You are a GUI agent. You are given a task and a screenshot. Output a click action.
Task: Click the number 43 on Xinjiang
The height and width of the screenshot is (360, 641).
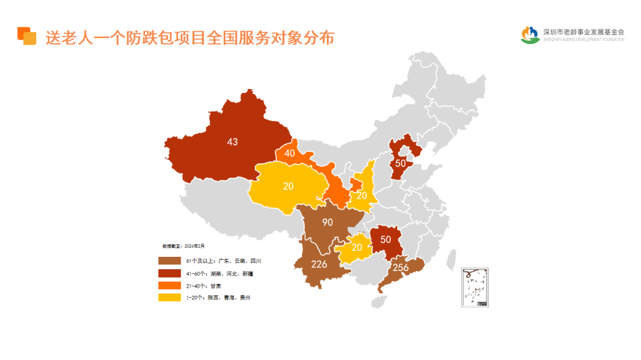point(232,142)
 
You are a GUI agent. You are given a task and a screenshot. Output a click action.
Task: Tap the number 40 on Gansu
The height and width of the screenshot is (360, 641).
point(290,153)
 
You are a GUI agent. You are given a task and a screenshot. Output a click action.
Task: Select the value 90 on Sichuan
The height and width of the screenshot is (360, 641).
point(327,222)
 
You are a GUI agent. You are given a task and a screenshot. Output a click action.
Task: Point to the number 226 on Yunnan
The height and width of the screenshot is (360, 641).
point(319,264)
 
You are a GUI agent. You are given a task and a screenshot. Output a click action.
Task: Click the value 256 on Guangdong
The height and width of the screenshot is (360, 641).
point(401,267)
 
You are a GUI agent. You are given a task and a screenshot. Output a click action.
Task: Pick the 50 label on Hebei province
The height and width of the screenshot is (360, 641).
point(401,163)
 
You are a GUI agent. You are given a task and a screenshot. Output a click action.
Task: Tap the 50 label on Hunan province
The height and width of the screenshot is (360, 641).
point(386,240)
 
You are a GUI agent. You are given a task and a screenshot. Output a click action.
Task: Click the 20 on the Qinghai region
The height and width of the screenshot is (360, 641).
point(288,186)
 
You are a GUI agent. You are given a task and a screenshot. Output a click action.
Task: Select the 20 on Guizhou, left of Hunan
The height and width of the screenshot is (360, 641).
point(357,247)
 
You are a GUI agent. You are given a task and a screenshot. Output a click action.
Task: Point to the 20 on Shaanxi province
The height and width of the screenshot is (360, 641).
point(361,196)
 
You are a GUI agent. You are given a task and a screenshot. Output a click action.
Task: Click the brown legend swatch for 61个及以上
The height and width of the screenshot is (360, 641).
point(169,261)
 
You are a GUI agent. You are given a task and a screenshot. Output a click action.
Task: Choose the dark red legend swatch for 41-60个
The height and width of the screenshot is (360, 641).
point(169,273)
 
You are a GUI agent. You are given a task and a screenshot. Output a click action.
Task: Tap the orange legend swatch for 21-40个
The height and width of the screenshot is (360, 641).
point(169,285)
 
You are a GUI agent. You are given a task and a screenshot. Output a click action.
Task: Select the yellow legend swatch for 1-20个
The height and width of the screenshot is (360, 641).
point(169,297)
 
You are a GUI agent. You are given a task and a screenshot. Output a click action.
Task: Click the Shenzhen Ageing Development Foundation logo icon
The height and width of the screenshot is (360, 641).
point(530,35)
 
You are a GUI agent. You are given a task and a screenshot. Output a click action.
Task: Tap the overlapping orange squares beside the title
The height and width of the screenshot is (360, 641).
point(27,36)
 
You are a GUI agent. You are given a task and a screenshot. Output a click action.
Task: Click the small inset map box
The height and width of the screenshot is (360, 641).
point(475,287)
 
